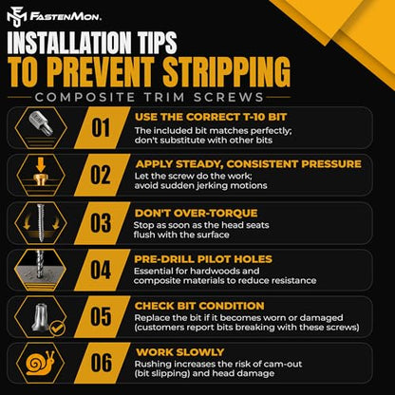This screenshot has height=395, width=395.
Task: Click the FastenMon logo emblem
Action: pos(16,18)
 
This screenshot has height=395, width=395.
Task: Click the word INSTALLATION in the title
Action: pos(69,43)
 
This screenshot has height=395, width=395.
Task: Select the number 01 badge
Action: pos(101,128)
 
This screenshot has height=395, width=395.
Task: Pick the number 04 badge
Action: pos(101,270)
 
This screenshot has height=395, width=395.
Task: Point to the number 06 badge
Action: pos(101,363)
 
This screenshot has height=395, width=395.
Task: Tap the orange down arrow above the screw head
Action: pos(41,165)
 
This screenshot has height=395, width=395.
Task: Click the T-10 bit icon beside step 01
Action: pos(41,124)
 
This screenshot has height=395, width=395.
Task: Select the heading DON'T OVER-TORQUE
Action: pos(196,213)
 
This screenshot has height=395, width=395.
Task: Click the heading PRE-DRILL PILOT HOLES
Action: pos(203,259)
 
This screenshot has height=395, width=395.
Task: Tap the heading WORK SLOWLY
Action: pos(179,352)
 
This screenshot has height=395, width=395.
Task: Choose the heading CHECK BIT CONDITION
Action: pos(199,306)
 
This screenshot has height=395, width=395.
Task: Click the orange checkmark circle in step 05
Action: pos(58,329)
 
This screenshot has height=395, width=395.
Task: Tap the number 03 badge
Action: pos(101,223)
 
